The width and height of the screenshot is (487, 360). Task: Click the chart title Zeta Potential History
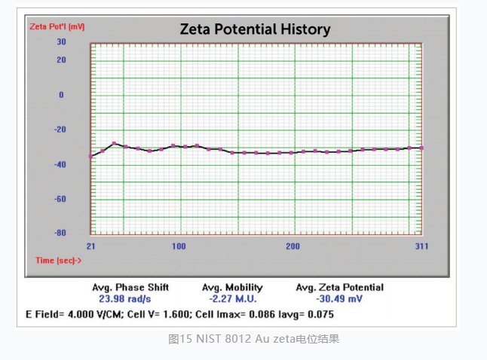255,29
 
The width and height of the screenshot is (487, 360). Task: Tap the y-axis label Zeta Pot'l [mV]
57,26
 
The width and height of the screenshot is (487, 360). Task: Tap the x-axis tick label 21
90,246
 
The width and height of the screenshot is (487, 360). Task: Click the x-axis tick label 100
179,246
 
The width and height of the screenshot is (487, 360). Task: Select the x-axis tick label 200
293,246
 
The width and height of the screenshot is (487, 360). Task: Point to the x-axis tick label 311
421,246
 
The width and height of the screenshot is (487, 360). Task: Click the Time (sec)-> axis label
58,260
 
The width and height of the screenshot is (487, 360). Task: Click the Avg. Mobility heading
232,287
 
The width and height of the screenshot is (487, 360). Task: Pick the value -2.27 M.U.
232,297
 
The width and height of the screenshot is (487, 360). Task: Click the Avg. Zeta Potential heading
340,287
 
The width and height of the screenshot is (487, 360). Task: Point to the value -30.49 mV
340,297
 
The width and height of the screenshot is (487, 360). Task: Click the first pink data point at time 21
91,156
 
